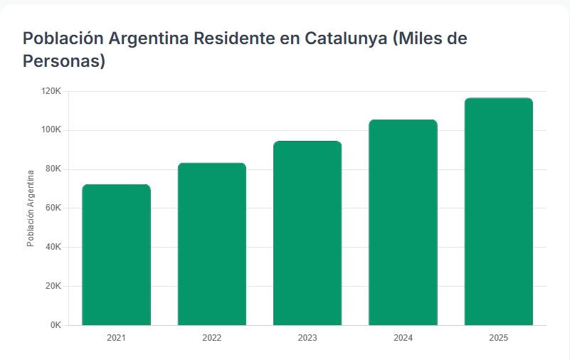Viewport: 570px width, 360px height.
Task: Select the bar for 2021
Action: [116, 255]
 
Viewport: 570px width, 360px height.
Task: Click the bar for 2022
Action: [211, 244]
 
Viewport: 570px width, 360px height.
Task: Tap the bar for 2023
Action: [307, 233]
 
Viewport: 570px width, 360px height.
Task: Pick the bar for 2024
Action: [403, 223]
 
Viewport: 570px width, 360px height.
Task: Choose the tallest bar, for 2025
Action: [498, 211]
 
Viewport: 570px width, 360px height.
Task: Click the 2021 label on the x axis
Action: [116, 338]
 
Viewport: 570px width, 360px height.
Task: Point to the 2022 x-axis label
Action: [211, 338]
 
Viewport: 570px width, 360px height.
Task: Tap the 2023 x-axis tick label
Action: [307, 338]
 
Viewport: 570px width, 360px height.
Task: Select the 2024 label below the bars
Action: [403, 338]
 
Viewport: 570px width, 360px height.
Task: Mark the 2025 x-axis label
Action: [498, 338]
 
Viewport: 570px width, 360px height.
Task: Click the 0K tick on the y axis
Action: [56, 325]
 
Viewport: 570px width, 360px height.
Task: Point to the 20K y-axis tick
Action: [53, 286]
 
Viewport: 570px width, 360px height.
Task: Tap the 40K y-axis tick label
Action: [53, 247]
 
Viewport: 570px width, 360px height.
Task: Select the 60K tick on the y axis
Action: [53, 208]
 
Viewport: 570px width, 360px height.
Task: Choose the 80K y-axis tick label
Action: [53, 169]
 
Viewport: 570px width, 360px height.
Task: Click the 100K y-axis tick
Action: [51, 130]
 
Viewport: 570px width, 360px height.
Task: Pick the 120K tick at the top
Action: [51, 91]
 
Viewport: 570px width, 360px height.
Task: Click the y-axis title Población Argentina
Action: [31, 208]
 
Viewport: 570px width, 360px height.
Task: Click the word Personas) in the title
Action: [64, 61]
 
